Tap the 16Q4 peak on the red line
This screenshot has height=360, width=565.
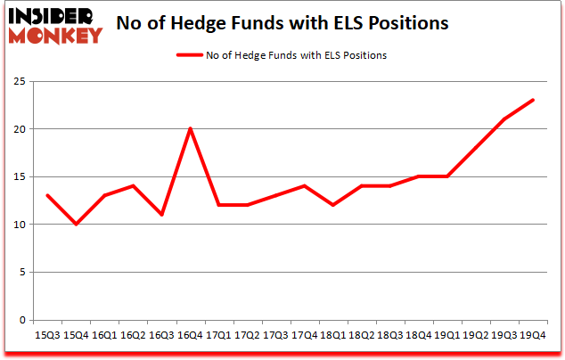(190, 128)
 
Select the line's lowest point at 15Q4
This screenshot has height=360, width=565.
(76, 224)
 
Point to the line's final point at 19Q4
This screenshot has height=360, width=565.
(533, 100)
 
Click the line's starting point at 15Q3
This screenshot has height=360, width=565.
(47, 195)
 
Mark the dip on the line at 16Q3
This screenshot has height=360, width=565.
(161, 215)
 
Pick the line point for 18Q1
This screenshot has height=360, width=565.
(333, 205)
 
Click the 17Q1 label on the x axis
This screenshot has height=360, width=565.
(218, 335)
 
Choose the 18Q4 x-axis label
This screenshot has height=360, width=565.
(418, 335)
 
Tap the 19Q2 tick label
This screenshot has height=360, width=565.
(476, 335)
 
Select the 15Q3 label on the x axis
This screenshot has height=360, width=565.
(47, 335)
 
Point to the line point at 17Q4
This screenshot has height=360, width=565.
(304, 185)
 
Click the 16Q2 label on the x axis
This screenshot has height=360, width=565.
(133, 335)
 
